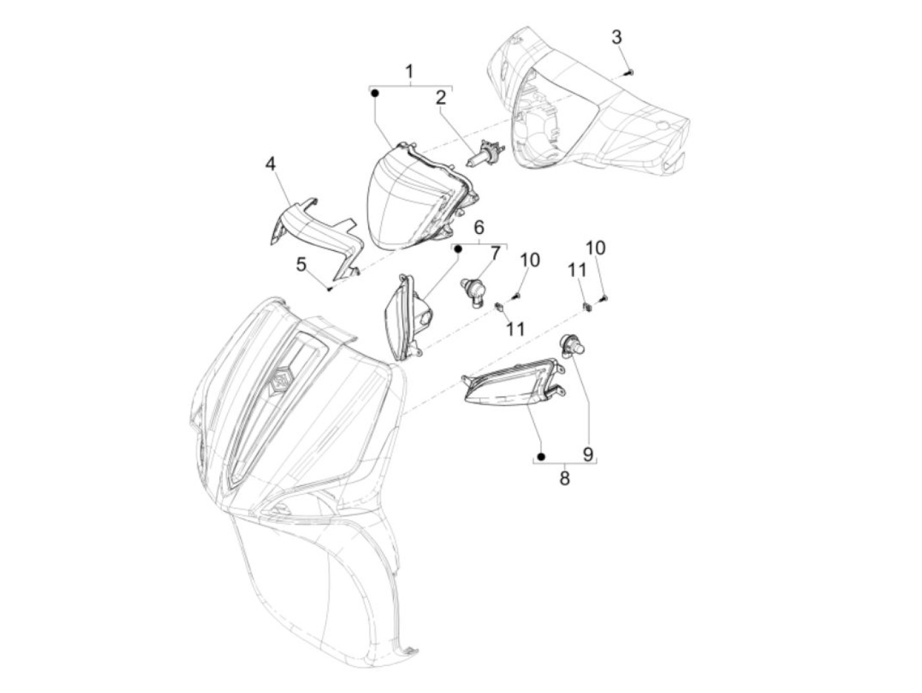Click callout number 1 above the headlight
[409, 72]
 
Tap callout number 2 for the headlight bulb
[441, 98]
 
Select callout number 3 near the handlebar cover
[616, 37]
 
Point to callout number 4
[271, 164]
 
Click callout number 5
[301, 265]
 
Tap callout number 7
[496, 253]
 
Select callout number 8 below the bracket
[564, 478]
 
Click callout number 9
[588, 453]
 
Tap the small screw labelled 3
[629, 73]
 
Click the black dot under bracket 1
[375, 94]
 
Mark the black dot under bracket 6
[458, 249]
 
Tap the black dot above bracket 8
[541, 457]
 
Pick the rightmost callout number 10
[595, 248]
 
